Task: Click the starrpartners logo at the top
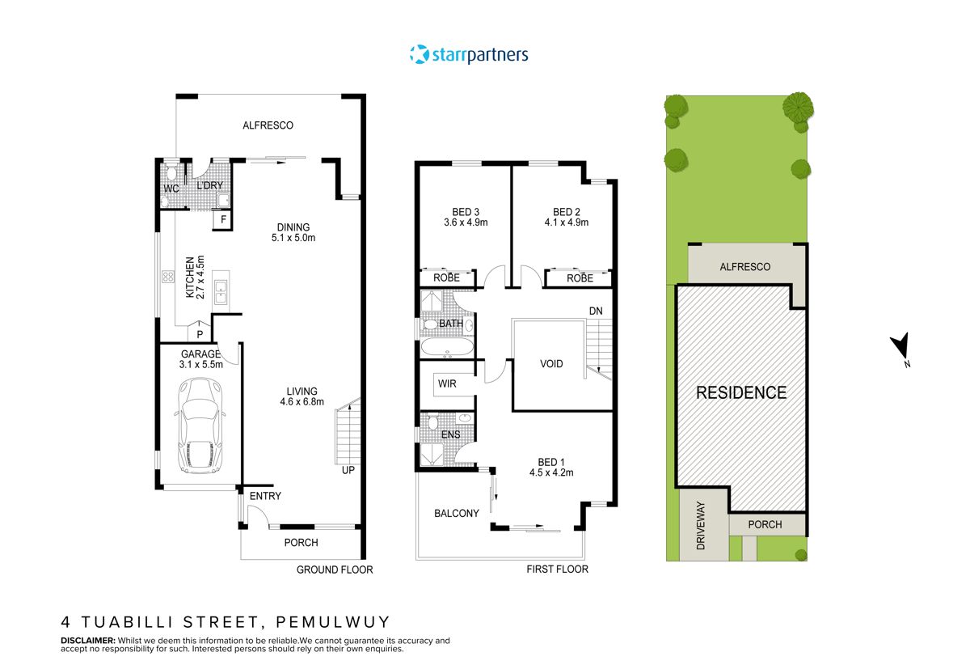click(470, 55)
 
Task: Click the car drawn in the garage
click(199, 426)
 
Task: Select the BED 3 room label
click(459, 212)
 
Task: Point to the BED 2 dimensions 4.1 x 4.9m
click(566, 222)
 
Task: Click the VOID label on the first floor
click(551, 364)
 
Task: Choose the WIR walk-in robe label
click(446, 383)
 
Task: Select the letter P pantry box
click(200, 333)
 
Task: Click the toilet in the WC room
click(171, 173)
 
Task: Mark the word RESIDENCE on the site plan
click(741, 393)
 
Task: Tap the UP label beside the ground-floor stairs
click(348, 470)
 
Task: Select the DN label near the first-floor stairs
click(595, 311)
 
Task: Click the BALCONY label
click(457, 513)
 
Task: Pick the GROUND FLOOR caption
click(335, 570)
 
